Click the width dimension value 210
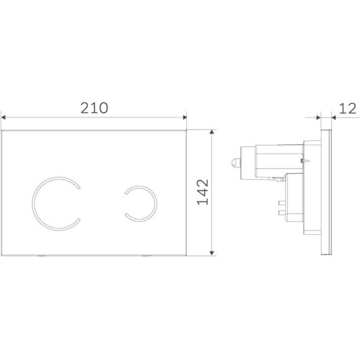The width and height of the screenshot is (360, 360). click(x=94, y=108)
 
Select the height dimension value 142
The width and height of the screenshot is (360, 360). click(x=203, y=192)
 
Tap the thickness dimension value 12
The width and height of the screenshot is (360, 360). click(x=347, y=109)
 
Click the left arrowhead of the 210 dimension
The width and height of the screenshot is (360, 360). click(x=3, y=117)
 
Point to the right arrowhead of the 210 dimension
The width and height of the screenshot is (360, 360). click(x=185, y=117)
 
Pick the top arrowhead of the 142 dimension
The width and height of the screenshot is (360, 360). click(x=212, y=132)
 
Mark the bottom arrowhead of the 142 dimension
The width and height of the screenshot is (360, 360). click(x=212, y=253)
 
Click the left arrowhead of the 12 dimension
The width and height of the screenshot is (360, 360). click(x=318, y=117)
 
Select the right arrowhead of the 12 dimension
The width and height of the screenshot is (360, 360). click(x=334, y=117)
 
